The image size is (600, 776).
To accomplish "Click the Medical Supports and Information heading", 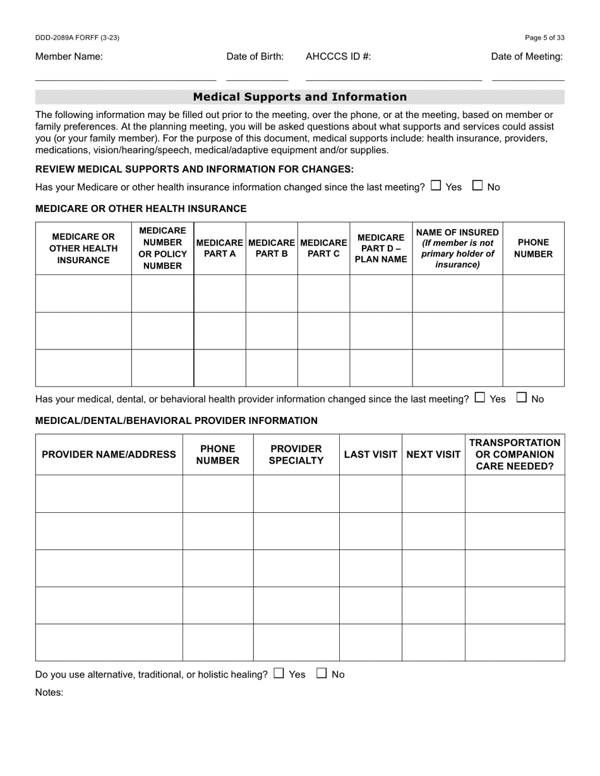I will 299,97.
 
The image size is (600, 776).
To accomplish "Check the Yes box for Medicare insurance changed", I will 436,185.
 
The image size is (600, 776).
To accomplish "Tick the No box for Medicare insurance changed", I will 477,185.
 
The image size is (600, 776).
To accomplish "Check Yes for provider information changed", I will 480,397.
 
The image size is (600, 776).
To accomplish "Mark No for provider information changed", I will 522,397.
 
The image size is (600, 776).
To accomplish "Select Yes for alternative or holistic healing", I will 279,673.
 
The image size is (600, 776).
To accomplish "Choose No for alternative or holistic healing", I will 321,673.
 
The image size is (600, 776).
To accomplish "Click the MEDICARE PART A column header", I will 219,248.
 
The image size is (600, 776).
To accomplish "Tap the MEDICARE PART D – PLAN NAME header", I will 381,248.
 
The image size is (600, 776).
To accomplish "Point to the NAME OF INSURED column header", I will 457,248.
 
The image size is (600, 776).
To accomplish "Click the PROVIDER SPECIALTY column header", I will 296,454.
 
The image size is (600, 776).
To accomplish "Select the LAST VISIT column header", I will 370,454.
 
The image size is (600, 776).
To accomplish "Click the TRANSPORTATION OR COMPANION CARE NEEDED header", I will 515,454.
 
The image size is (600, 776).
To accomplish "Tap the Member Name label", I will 69,56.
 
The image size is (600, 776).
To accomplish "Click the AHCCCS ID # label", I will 338,56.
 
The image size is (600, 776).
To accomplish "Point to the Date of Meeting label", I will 527,56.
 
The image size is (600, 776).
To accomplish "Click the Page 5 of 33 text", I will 544,38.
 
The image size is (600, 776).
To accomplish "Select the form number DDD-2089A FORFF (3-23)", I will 77,38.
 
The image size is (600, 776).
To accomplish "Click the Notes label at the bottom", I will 49,692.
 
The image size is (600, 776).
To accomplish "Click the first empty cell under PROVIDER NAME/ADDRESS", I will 109,493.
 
